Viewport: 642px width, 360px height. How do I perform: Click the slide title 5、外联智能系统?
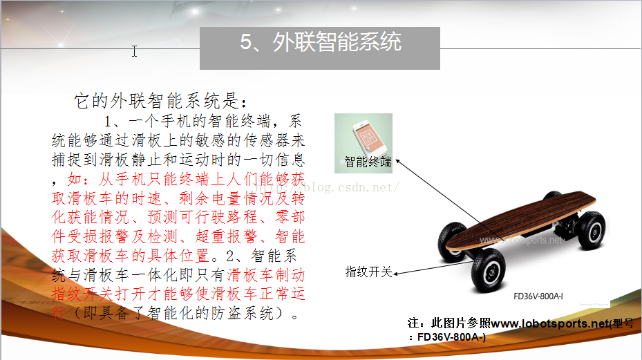coord(321,41)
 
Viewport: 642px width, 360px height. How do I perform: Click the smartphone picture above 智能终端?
coord(368,138)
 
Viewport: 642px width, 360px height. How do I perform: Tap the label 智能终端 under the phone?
coord(368,162)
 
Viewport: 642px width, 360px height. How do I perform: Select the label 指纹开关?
coord(368,272)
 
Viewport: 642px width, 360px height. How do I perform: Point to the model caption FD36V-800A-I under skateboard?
coord(538,296)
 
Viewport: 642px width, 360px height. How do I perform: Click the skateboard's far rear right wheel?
coord(592,231)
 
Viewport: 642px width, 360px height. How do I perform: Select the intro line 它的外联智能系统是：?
coord(161,101)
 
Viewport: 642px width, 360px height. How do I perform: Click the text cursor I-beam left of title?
coord(134,51)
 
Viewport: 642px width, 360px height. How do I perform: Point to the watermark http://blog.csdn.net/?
coord(326,187)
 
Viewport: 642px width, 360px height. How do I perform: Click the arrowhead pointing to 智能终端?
coord(397,162)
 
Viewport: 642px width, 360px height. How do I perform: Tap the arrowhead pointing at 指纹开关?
coord(396,274)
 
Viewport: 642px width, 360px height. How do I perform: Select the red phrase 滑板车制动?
coord(266,275)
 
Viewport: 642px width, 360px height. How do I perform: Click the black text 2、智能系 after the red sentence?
coord(261,256)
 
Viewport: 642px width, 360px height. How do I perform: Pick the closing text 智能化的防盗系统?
coord(211,313)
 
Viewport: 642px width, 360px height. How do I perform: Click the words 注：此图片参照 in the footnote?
coord(449,323)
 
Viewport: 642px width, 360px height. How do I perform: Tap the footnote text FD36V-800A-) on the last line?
coord(451,337)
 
